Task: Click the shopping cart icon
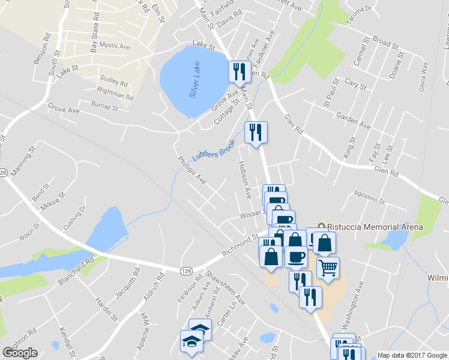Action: [x=328, y=268]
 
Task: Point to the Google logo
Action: [x=20, y=353]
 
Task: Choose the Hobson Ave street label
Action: [x=244, y=180]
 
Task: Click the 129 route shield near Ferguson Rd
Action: [x=187, y=271]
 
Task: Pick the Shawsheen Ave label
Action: [x=218, y=287]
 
